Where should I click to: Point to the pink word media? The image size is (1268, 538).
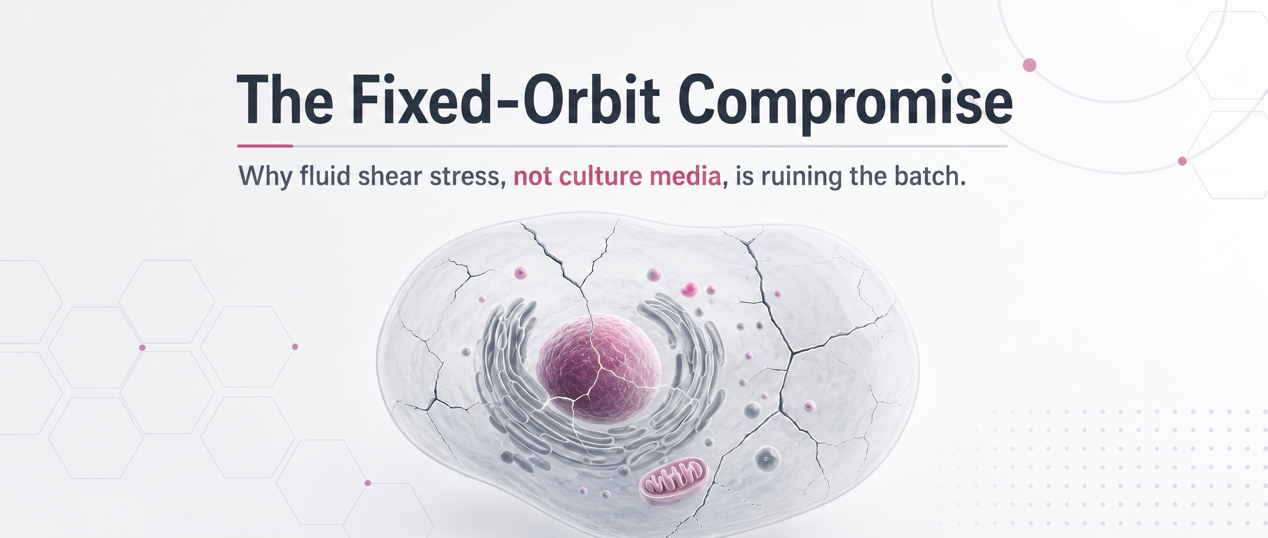tap(685, 176)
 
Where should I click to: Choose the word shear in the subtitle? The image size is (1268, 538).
tap(390, 176)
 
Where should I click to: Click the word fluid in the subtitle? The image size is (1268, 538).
tap(325, 176)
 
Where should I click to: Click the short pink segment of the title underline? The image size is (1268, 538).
tap(265, 146)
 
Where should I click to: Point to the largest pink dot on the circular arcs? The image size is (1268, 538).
tap(1030, 65)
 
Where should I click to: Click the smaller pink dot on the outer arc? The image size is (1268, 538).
tap(1182, 161)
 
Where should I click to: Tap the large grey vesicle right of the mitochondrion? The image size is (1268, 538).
tap(767, 459)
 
